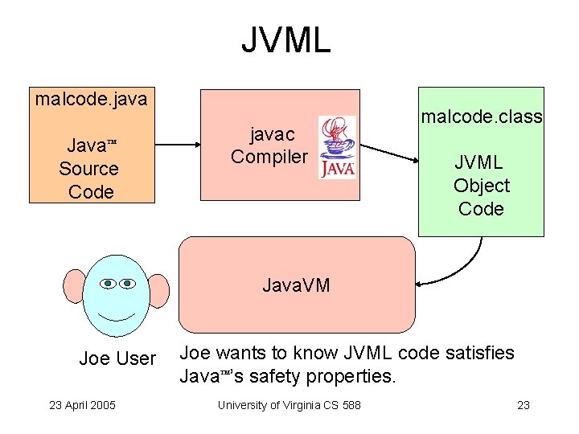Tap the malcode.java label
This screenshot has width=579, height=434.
point(91,100)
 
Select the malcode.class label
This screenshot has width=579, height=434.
point(482,117)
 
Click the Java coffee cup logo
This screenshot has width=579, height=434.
point(337,147)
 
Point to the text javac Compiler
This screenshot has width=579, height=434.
point(269,145)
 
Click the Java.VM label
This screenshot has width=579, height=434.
point(296,285)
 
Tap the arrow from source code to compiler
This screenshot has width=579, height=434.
point(177,145)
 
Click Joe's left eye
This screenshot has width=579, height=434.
point(109,283)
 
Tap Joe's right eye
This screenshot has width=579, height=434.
point(129,283)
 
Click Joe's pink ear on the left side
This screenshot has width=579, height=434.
point(75,289)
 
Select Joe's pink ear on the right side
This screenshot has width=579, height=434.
point(158,290)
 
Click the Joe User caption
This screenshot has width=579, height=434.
point(117,358)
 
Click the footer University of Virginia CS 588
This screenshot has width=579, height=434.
point(289,404)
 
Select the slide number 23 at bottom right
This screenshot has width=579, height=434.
point(523,404)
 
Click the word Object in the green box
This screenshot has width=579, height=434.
point(481,186)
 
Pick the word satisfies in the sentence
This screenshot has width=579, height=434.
point(479,352)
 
